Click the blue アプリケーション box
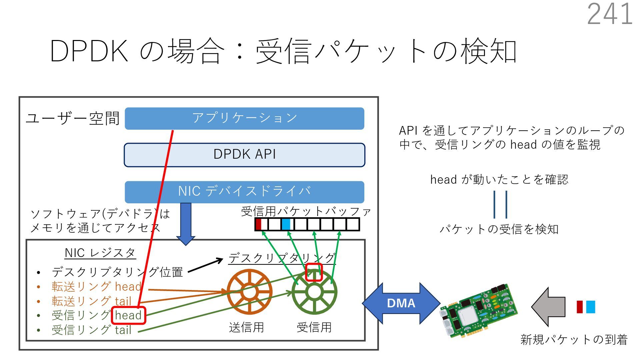click(244, 118)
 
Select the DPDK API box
click(244, 155)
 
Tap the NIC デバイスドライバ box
click(244, 192)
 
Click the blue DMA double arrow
click(401, 303)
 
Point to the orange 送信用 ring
click(249, 292)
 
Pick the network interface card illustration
click(478, 310)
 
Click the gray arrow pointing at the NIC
click(548, 307)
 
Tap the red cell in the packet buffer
click(258, 224)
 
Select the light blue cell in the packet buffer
click(286, 224)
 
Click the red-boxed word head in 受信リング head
click(128, 315)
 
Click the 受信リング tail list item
click(92, 330)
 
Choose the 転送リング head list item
click(97, 286)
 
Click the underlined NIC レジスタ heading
click(100, 253)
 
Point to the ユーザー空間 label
click(73, 118)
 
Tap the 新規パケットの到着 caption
click(574, 339)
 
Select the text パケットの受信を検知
click(499, 229)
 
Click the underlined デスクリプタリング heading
click(282, 258)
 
